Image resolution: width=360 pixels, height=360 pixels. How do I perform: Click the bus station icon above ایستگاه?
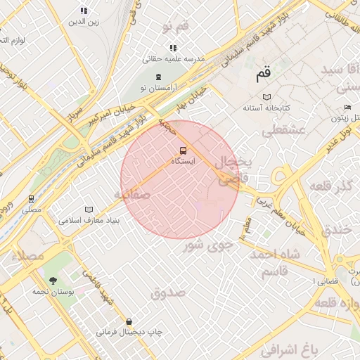pos(184,150)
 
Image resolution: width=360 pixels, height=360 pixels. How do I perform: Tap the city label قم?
pos(262,72)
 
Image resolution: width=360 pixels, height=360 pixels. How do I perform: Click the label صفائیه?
pos(133,194)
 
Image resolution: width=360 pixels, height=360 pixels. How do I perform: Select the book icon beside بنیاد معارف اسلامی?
pos(89,210)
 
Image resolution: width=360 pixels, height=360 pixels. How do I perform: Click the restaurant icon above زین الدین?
pos(84,11)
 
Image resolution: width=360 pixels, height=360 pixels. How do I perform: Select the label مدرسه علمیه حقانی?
pos(174,60)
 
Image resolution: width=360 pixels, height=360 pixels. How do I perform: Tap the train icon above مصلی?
pos(31,199)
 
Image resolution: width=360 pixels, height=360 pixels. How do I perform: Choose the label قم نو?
pos(176,27)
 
